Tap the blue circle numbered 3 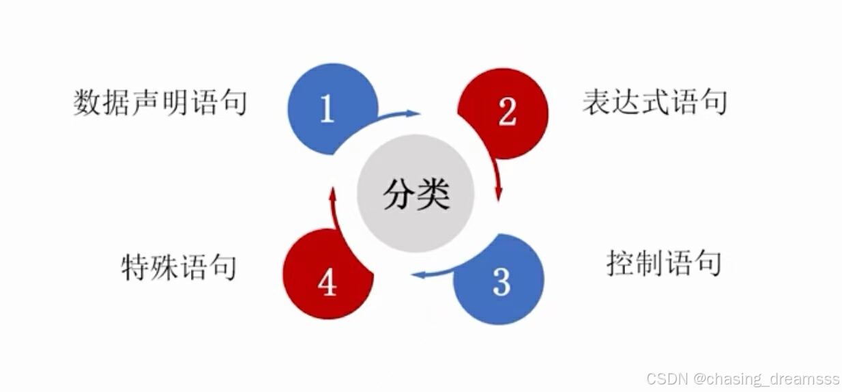tap(499, 280)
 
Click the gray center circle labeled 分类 tap(416, 195)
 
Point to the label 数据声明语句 tap(160, 103)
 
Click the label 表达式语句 tap(654, 102)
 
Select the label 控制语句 tap(663, 264)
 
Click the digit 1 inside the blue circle tap(327, 109)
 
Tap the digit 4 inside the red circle tap(327, 283)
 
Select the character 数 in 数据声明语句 tap(87, 103)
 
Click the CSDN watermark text tap(740, 378)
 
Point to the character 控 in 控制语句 tap(620, 264)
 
